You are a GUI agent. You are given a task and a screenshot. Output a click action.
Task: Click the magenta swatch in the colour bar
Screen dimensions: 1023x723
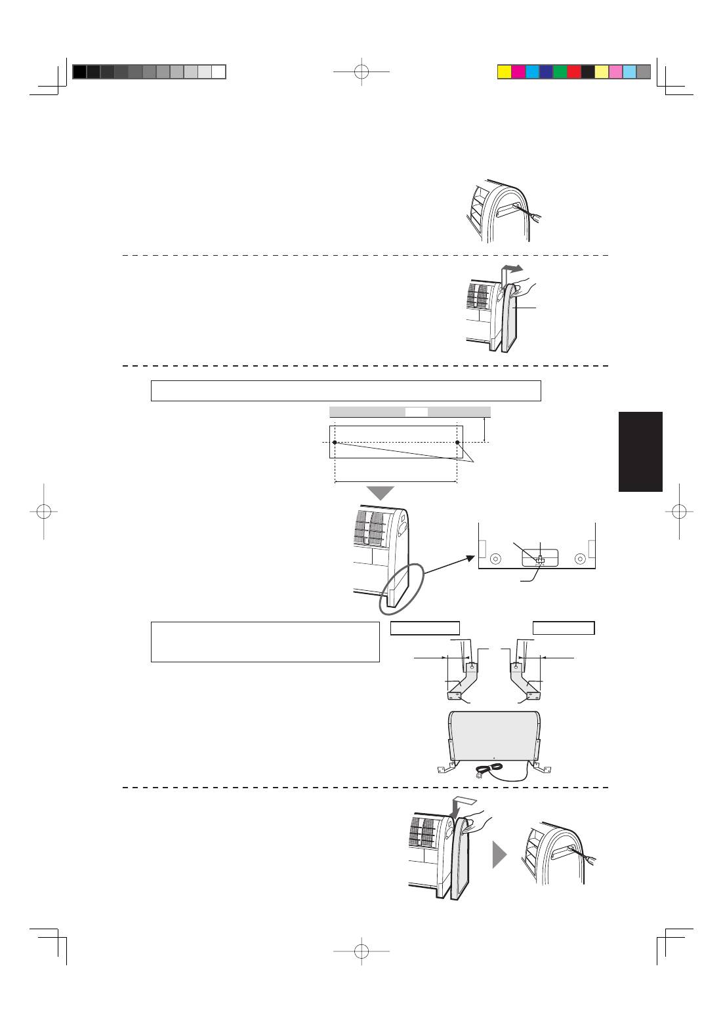tap(518, 72)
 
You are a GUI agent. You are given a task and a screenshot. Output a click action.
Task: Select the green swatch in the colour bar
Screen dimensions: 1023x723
tap(560, 72)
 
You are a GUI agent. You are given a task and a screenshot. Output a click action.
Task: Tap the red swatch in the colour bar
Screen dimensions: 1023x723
tap(573, 72)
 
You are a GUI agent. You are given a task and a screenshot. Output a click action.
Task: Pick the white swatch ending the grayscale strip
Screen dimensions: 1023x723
tap(219, 72)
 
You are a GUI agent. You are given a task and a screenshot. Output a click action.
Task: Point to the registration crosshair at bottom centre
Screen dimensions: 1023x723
tap(361, 950)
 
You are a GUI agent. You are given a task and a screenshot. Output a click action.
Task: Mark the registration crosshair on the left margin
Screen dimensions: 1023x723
tap(43, 511)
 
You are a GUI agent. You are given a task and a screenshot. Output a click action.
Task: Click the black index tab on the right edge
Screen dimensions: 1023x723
tap(640, 451)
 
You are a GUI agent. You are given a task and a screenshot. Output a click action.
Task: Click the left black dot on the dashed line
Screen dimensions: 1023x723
tap(335, 443)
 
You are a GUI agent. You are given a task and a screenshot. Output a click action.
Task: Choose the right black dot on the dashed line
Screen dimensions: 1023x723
tap(457, 443)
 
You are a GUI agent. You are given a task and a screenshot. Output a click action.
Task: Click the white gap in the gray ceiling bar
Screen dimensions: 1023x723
tap(416, 412)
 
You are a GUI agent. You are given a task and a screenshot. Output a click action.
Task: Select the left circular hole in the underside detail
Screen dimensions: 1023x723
tap(495, 559)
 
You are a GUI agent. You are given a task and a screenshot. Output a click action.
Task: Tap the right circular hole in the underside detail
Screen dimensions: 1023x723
tap(579, 559)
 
